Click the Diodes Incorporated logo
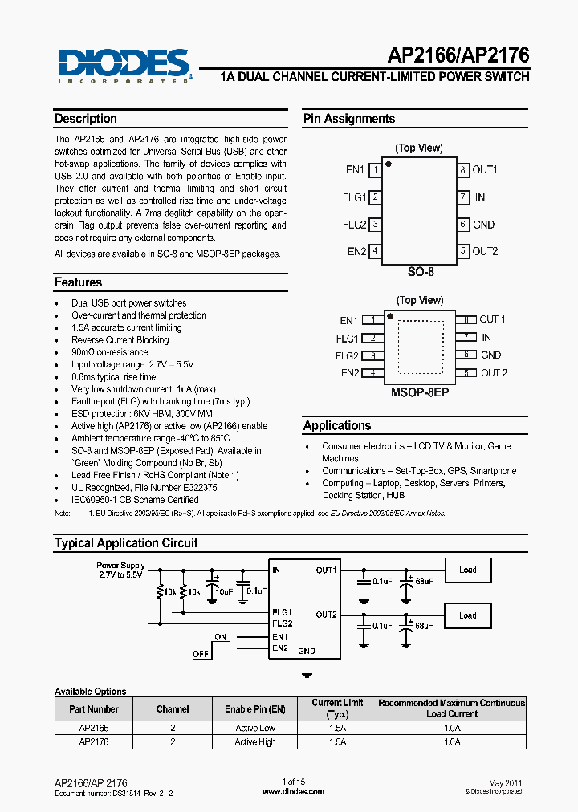pos(123,64)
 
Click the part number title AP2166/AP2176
pos(458,55)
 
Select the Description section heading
pos(86,119)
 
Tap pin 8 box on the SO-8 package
pos(463,170)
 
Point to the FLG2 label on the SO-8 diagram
pos(354,225)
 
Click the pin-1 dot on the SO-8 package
pos(389,164)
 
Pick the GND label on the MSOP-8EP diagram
pos(490,355)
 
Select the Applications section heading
pos(337,426)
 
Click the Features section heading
pos(79,282)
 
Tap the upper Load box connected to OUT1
pos(467,570)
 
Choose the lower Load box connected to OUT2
pos(467,615)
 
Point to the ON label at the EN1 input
pos(221,637)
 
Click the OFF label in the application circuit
pos(200,654)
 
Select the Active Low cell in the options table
pos(254,728)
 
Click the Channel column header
pos(173,709)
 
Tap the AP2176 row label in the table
pos(94,742)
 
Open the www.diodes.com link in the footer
pos(294,791)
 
